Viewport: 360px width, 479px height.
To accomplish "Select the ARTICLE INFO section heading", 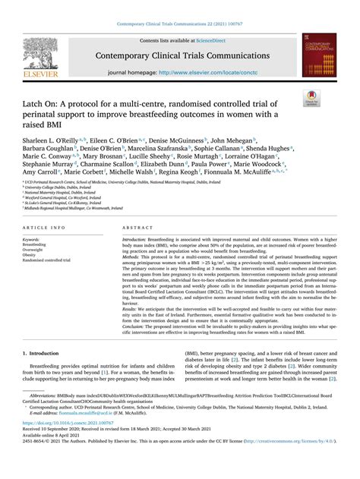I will [x=44, y=227].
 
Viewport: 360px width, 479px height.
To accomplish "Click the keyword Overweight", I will [x=36, y=250].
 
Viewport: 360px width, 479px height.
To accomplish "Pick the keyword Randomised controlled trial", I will [x=53, y=260].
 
